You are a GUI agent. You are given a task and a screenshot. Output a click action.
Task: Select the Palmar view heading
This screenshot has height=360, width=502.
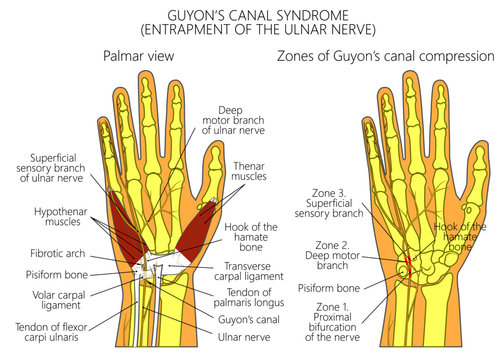point(139,56)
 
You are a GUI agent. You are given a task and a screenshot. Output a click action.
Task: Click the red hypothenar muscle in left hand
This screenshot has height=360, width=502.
point(122,225)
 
